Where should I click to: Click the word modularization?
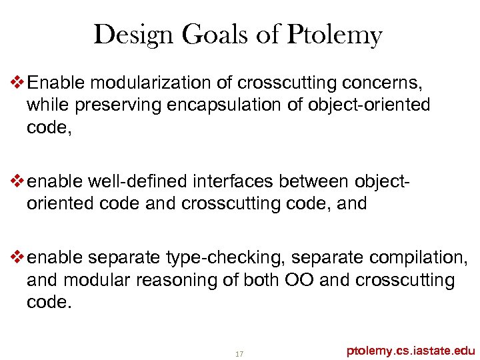pos(156,83)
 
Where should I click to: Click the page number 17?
pos(240,353)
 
